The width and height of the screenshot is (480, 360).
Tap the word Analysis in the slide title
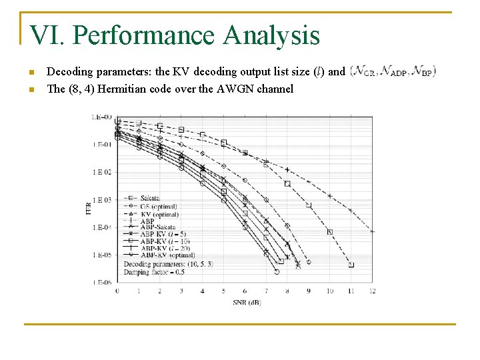(271, 35)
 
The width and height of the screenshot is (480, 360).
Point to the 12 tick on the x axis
(373, 291)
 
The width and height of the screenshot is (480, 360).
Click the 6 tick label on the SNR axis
(245, 291)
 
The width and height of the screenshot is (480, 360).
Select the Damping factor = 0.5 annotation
(153, 272)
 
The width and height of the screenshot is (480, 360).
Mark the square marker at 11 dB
(351, 265)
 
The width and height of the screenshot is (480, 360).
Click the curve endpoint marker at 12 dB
(373, 231)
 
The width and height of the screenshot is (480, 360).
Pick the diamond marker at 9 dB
(309, 262)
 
